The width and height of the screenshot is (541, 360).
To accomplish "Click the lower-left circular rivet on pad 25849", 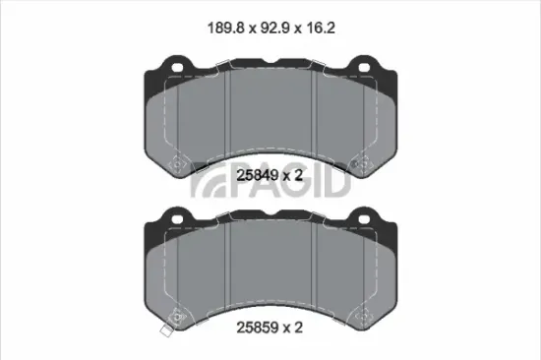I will click(x=176, y=165).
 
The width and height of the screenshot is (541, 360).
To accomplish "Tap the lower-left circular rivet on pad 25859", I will click(x=176, y=315).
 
